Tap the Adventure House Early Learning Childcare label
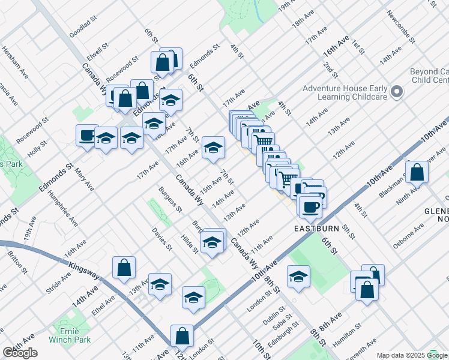tap(345, 92)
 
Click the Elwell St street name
tap(96, 48)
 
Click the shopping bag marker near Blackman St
tap(417, 172)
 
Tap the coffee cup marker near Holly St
tap(87, 134)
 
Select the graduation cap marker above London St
tap(298, 277)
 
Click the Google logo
tap(20, 353)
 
